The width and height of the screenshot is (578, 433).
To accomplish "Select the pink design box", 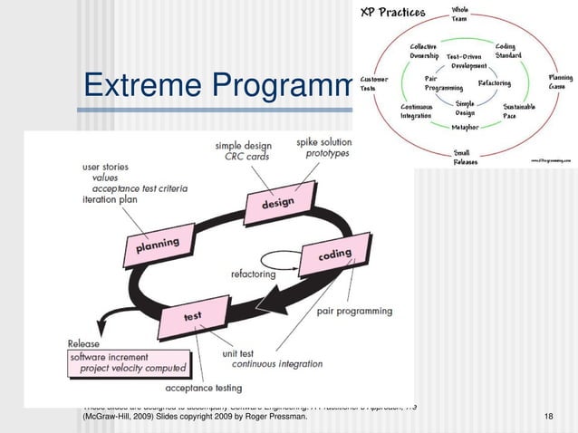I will click(x=277, y=202).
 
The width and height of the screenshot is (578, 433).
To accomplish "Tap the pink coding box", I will click(x=334, y=257).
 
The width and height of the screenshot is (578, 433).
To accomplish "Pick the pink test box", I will click(x=193, y=317).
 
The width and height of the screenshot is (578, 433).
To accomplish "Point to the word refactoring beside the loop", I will click(x=260, y=272).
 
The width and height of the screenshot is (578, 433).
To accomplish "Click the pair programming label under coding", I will click(x=354, y=311).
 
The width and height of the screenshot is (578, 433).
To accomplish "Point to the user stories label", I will click(x=105, y=167).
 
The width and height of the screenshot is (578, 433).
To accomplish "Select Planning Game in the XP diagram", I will click(x=560, y=82).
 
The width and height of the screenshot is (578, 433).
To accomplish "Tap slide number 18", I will click(x=548, y=415).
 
